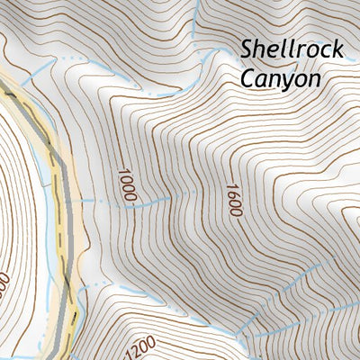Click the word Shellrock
click(x=292, y=49)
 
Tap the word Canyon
click(x=280, y=78)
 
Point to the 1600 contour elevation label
click(x=233, y=199)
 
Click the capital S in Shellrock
click(x=247, y=49)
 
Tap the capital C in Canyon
click(x=247, y=78)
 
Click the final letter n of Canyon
click(x=313, y=79)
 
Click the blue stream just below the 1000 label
click(x=126, y=206)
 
